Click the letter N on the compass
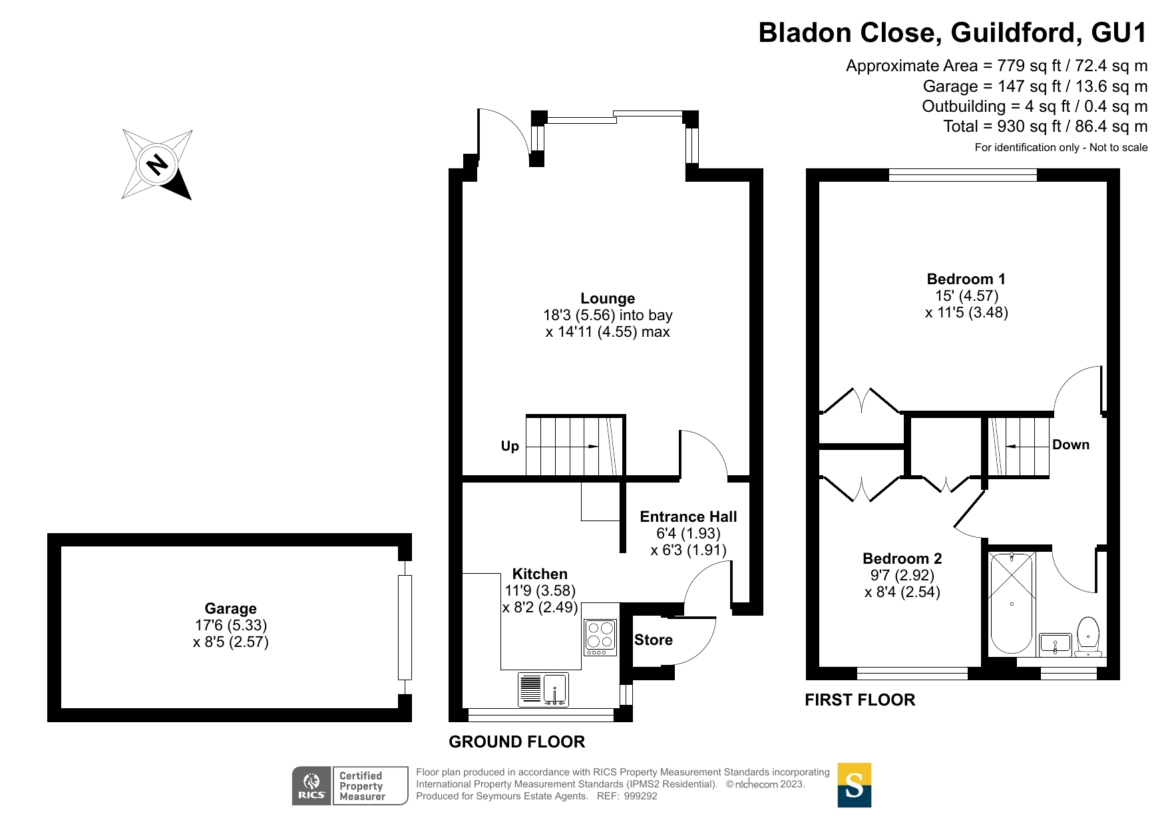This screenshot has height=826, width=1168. [x=158, y=164]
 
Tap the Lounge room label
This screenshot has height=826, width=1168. [x=608, y=299]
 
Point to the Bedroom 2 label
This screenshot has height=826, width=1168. [x=902, y=558]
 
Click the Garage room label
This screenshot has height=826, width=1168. [x=230, y=608]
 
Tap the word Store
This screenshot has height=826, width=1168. [x=654, y=640]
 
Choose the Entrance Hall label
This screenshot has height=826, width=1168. [x=688, y=516]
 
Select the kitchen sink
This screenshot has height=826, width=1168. [x=543, y=689]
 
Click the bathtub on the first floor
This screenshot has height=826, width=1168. [x=1011, y=603]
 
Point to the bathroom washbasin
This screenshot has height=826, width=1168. [x=1055, y=644]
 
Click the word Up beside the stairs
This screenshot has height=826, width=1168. [x=510, y=446]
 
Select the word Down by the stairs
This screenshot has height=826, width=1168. [x=1071, y=445]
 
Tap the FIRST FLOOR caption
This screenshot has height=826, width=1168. [x=860, y=700]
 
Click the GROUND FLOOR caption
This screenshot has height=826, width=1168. [x=517, y=741]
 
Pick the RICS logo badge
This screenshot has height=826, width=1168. [x=350, y=785]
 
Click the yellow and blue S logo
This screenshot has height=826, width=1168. [x=855, y=785]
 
